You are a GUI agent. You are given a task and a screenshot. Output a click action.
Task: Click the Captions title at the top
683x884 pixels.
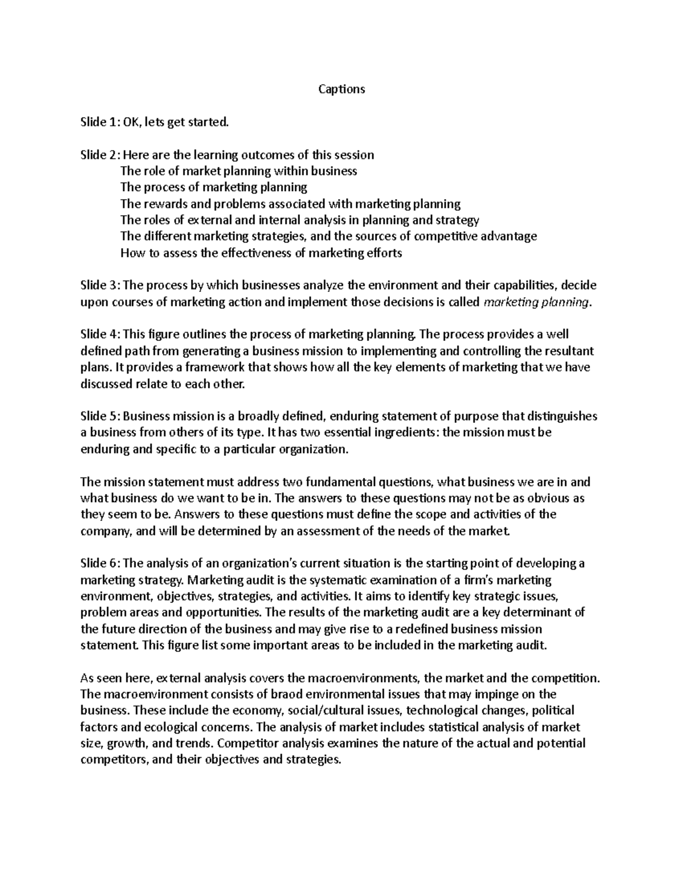coord(341,89)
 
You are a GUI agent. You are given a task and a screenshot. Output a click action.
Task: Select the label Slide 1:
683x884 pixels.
coord(100,122)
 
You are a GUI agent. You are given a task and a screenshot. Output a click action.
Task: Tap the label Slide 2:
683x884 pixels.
coord(100,155)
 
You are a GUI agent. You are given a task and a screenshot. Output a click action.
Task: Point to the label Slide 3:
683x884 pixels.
coord(100,285)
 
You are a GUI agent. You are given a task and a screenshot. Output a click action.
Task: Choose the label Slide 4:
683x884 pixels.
coord(100,334)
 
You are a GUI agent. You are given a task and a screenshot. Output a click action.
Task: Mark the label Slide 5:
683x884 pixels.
coord(100,416)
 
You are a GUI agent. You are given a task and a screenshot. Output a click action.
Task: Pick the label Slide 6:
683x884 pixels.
coord(100,564)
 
